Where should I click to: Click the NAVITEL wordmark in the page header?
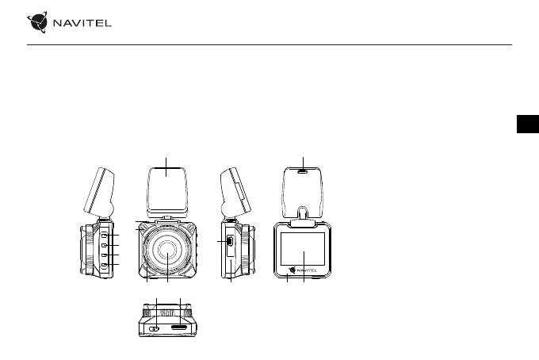[x=82, y=23]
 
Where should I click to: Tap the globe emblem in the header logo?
[x=37, y=22]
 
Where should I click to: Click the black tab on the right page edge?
[x=528, y=124]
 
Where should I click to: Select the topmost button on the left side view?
[x=104, y=235]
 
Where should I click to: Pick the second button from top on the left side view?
[x=104, y=245]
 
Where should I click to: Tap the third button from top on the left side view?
[x=104, y=255]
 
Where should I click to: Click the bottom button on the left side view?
[x=104, y=264]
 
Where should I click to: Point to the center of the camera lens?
[x=167, y=251]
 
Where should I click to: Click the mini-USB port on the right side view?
[x=230, y=241]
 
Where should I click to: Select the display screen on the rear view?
[x=303, y=249]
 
